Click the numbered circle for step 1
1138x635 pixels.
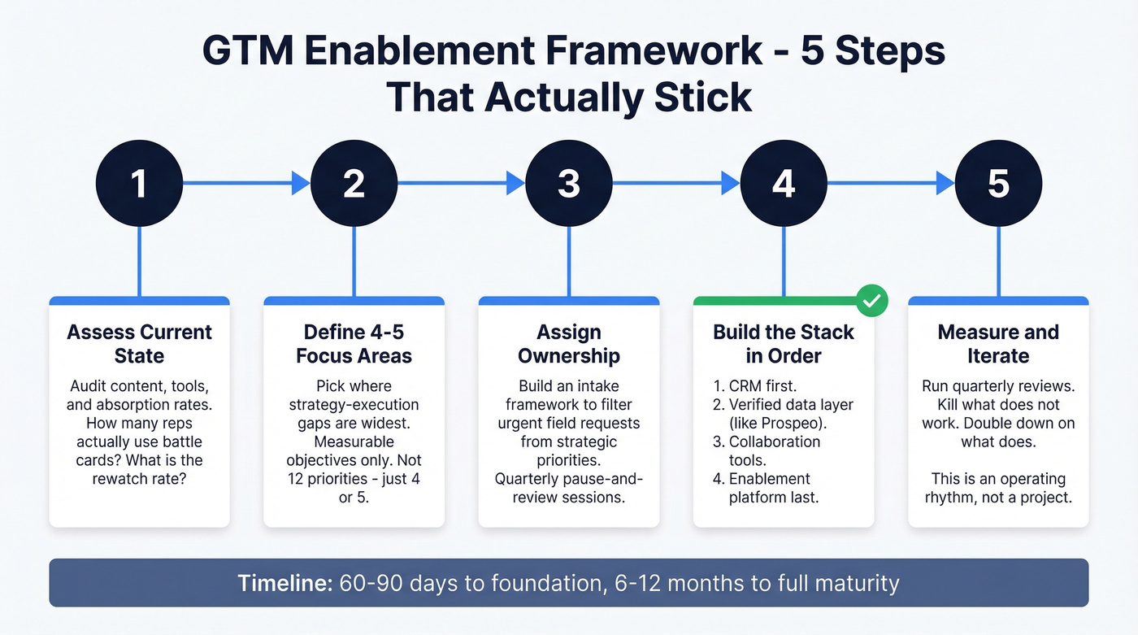[x=139, y=184]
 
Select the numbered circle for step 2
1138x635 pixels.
[x=354, y=184]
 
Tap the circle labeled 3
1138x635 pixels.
[x=568, y=184]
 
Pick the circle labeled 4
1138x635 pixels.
[x=783, y=184]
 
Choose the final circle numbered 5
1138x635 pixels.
[x=997, y=184]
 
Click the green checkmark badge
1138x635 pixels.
[x=871, y=301]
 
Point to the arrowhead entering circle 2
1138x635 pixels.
[x=301, y=184]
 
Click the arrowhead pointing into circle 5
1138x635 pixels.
[x=945, y=184]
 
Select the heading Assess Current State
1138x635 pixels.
[x=139, y=344]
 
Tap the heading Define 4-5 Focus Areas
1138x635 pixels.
[x=354, y=344]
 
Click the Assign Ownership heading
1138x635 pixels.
[x=568, y=344]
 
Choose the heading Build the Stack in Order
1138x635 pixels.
[x=783, y=344]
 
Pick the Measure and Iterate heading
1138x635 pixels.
[x=997, y=344]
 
